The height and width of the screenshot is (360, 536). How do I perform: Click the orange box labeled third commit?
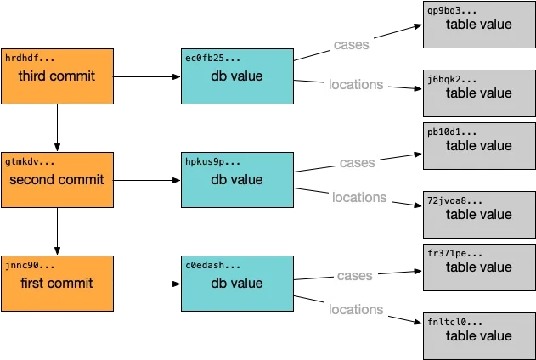click(58, 76)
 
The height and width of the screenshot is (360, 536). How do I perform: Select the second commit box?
click(58, 180)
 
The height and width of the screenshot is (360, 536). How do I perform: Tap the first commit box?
click(58, 283)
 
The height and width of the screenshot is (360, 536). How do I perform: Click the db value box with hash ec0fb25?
click(237, 76)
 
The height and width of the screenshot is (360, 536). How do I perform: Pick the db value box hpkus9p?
click(237, 180)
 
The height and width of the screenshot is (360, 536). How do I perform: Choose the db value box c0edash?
click(237, 283)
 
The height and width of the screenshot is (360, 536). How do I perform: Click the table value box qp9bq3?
click(479, 24)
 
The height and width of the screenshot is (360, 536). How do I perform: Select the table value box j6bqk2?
click(479, 93)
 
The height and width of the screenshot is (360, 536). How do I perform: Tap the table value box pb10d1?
click(479, 145)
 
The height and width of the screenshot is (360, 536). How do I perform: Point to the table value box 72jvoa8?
click(479, 215)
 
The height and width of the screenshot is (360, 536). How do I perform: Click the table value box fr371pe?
click(479, 267)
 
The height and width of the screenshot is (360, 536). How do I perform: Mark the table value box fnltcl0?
click(479, 335)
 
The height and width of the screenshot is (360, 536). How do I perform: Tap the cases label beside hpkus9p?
click(357, 162)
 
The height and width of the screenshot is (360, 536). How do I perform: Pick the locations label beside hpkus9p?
click(359, 197)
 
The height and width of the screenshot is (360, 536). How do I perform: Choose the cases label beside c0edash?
click(354, 275)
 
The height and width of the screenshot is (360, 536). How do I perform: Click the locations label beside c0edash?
click(355, 309)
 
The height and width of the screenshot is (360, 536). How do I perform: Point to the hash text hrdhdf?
click(30, 57)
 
